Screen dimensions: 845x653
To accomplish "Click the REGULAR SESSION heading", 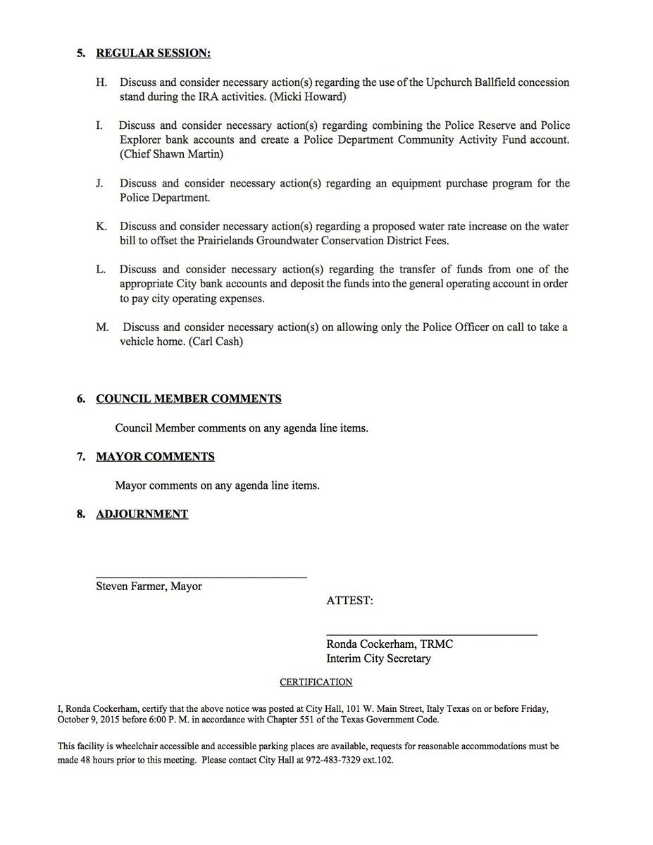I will (x=153, y=53).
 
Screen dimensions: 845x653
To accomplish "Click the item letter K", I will (x=101, y=226).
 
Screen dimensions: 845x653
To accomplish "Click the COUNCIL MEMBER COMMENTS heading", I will (x=188, y=399).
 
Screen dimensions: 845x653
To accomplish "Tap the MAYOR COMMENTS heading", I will (x=155, y=456).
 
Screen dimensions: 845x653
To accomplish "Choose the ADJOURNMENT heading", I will (x=142, y=514).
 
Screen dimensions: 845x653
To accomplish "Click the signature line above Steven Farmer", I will (x=201, y=577).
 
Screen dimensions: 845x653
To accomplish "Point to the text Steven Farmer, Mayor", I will (x=149, y=586).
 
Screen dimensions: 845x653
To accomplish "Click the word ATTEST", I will (x=349, y=601).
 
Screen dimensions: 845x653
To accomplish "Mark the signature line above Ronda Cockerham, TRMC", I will (x=431, y=635).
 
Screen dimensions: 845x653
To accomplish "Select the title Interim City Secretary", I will (x=378, y=658).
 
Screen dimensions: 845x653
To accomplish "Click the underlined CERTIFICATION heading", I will (x=316, y=682).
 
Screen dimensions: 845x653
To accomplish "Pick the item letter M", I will (x=102, y=327).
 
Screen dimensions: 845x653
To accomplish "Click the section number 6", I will (x=81, y=399).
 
